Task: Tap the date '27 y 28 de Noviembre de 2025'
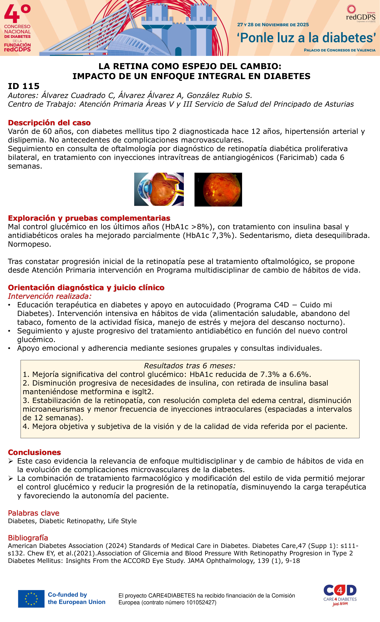(273, 25)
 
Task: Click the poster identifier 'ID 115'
(24, 86)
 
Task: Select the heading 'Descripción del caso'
(49, 123)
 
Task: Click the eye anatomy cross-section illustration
(159, 189)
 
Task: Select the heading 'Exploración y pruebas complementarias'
(89, 218)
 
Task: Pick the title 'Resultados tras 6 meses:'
(190, 366)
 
